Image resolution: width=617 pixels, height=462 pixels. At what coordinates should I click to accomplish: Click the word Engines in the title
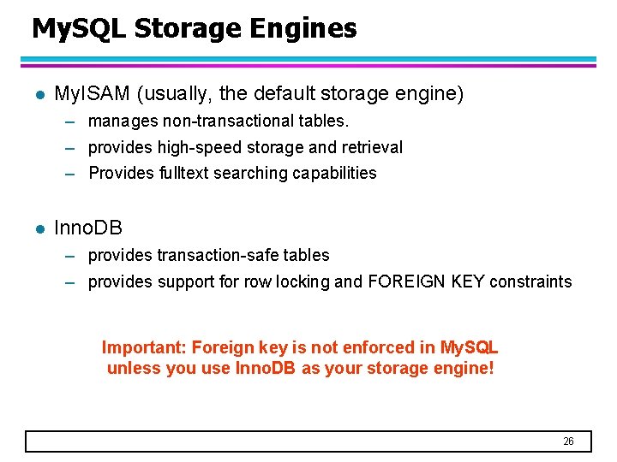pyautogui.click(x=303, y=29)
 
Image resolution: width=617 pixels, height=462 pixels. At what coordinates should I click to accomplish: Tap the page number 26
pyautogui.click(x=568, y=441)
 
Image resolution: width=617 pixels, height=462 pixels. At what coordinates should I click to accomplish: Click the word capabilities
pyautogui.click(x=334, y=173)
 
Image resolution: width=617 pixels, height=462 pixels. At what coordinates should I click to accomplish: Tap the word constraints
pyautogui.click(x=530, y=281)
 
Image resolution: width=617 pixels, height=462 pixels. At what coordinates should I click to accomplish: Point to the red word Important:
pyautogui.click(x=144, y=348)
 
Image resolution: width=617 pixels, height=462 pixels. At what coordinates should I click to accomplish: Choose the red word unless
pyautogui.click(x=131, y=370)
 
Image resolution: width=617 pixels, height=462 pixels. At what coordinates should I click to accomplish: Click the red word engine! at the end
pyautogui.click(x=465, y=370)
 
